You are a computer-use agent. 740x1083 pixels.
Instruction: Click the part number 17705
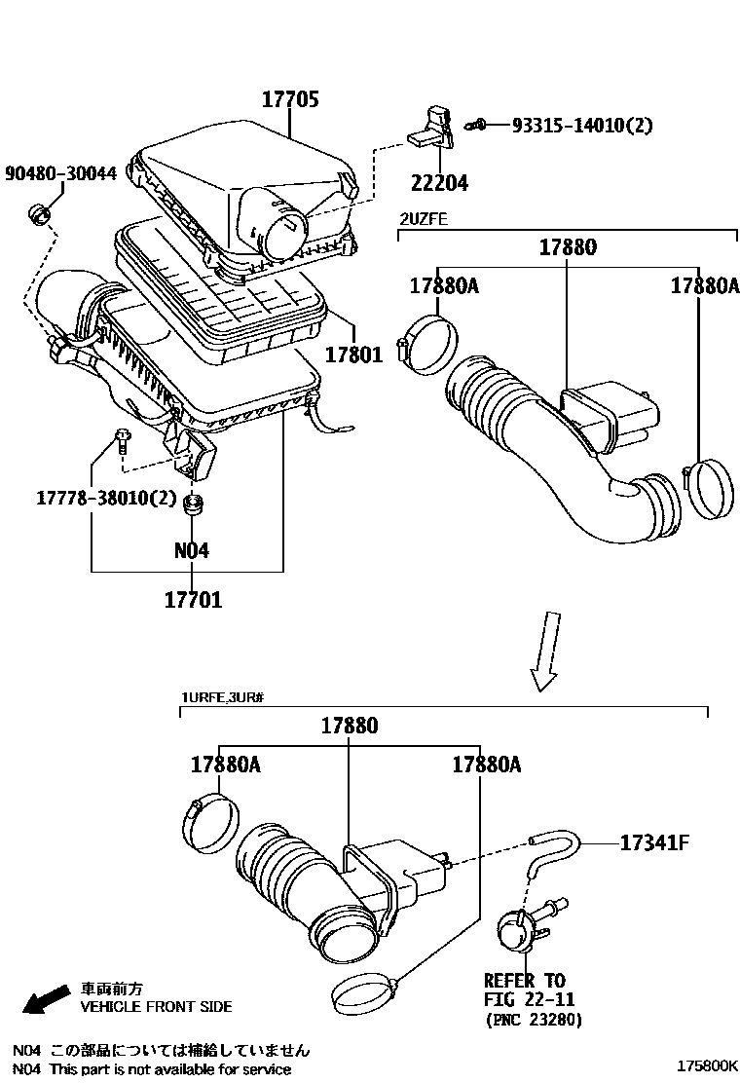tap(289, 99)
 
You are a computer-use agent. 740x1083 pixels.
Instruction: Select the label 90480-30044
tap(60, 173)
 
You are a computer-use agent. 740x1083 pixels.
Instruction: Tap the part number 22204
tap(439, 182)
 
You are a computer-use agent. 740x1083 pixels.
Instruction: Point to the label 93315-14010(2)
tap(582, 125)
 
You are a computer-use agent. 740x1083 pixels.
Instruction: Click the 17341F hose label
tap(654, 843)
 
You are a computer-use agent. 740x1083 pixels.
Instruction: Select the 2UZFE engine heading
tap(423, 218)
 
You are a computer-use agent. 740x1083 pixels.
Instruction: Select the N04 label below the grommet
tap(192, 550)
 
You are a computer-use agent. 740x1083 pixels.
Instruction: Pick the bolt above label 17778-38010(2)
tap(120, 440)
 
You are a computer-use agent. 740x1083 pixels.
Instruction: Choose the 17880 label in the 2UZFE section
tap(568, 246)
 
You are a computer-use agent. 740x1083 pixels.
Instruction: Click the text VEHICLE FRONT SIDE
tap(156, 1007)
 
